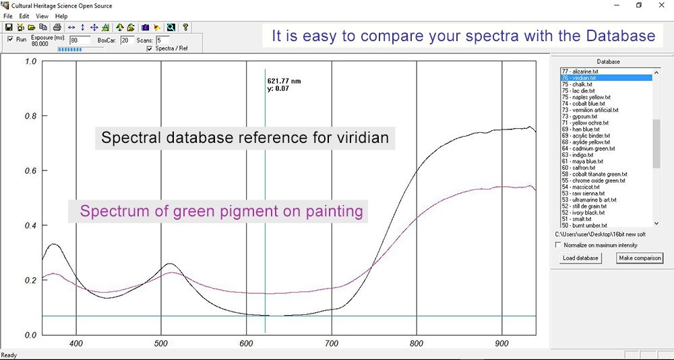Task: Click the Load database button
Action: click(581, 258)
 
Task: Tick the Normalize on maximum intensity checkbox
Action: click(558, 245)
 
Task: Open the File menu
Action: click(8, 16)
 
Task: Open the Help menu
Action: click(61, 16)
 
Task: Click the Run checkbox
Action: click(11, 39)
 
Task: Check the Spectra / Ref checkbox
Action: click(149, 49)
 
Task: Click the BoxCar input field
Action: click(127, 40)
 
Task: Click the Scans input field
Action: click(163, 40)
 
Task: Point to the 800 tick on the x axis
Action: click(417, 344)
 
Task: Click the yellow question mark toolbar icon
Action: click(185, 27)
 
